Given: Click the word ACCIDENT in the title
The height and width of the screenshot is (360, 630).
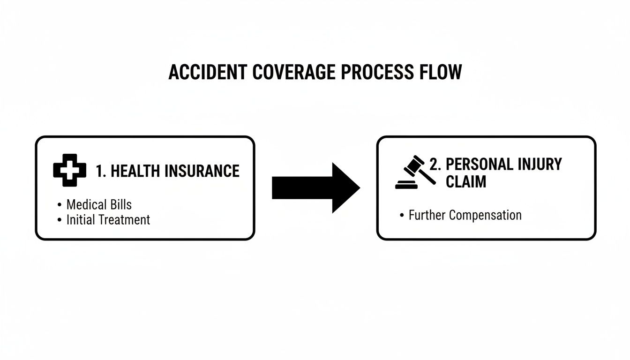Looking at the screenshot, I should [x=206, y=72].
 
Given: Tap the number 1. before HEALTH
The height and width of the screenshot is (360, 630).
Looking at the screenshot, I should [x=101, y=171].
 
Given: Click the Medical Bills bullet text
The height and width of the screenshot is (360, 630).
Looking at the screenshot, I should [x=99, y=204].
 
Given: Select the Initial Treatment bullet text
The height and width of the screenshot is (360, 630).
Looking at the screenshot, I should [x=108, y=219].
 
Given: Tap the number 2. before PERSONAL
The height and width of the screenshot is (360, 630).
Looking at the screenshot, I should [x=435, y=164].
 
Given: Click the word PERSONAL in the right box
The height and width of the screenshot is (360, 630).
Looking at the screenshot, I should [x=480, y=164].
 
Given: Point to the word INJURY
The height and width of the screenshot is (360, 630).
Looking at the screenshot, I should [x=540, y=164].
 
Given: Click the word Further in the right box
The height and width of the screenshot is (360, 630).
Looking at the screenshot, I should [x=427, y=215].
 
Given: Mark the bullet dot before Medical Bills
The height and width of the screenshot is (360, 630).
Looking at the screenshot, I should [x=59, y=205].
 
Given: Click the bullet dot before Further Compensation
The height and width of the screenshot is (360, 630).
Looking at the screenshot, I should [x=402, y=216].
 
